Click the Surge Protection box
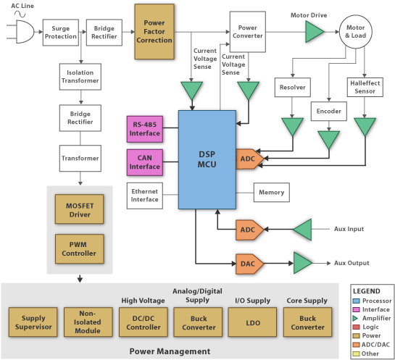(61, 33)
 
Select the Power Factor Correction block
(154, 31)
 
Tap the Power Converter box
(248, 32)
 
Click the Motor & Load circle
(355, 31)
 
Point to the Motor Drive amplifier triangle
(313, 32)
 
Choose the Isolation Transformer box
(80, 77)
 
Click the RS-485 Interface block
(145, 129)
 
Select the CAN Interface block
(145, 162)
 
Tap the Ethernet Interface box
(145, 196)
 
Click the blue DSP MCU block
(207, 159)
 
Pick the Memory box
(272, 193)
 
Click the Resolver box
(293, 88)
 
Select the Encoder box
(329, 112)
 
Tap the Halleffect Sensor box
(365, 88)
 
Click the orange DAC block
(249, 264)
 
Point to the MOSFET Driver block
(79, 209)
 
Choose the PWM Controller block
(79, 248)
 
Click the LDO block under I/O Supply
(252, 322)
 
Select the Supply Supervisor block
(33, 322)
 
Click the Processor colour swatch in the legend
(356, 301)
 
